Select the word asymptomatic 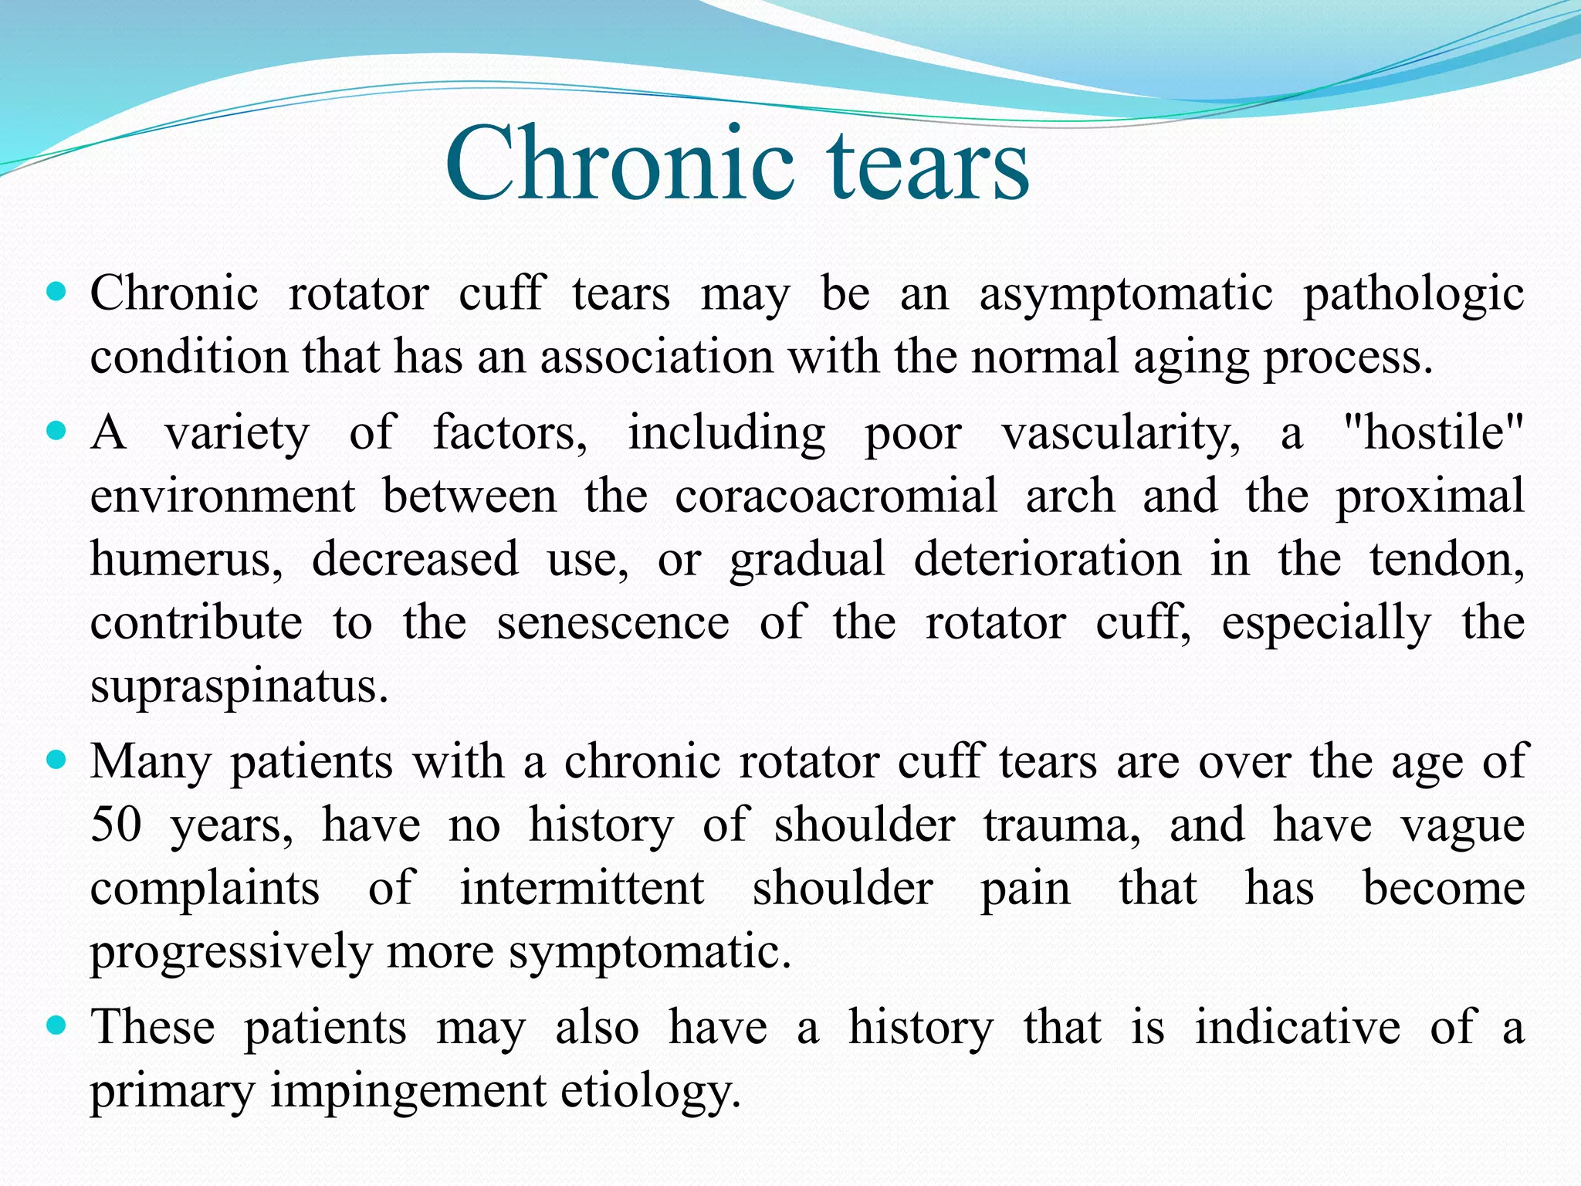pos(1126,295)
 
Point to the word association pos(656,357)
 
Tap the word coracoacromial pos(836,496)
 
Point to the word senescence pos(613,622)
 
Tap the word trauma pos(1062,825)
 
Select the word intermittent pos(582,887)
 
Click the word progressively pos(232,952)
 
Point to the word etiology pos(651,1091)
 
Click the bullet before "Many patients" pos(57,761)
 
